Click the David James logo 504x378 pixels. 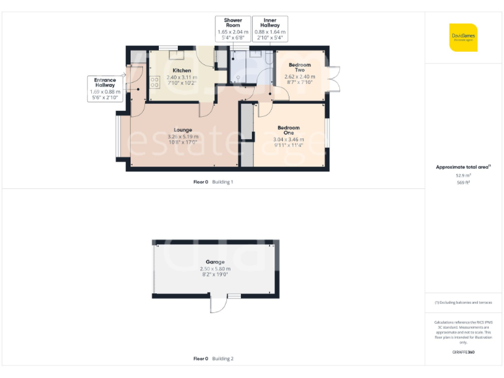[463, 37]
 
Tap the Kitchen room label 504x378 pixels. [182, 70]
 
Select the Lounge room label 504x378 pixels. [182, 129]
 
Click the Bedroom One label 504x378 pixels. [288, 130]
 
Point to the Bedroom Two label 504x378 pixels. [300, 68]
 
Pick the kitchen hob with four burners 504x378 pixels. [156, 82]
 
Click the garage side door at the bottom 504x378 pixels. [217, 305]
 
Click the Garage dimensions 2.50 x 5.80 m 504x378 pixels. [215, 269]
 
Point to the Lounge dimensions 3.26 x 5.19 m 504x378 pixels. [182, 136]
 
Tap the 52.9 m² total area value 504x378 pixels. [463, 175]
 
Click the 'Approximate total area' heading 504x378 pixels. [463, 167]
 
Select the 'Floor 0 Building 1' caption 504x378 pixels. [213, 182]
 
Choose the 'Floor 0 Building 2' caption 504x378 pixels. [213, 359]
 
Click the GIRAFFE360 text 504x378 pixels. [463, 352]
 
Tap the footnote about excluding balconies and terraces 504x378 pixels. [463, 303]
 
